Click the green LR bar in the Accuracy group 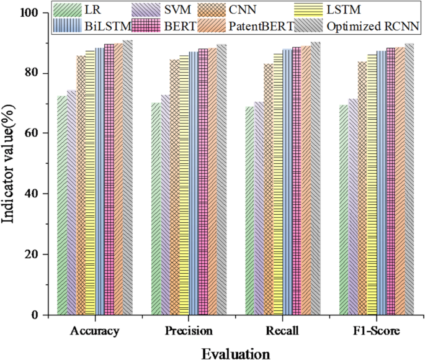tap(62, 205)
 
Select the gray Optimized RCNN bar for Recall tap(316, 178)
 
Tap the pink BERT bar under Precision tap(203, 182)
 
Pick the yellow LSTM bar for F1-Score tap(372, 184)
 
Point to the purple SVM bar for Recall tap(259, 208)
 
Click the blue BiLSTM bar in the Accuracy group tap(100, 181)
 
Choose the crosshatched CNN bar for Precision tap(175, 187)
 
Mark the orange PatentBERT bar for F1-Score tap(400, 181)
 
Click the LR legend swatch tap(68, 10)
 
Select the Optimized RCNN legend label tap(373, 26)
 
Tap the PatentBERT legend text tap(261, 26)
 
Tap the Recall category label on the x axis tap(282, 331)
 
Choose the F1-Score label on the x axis tap(377, 331)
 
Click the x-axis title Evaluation tap(236, 354)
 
